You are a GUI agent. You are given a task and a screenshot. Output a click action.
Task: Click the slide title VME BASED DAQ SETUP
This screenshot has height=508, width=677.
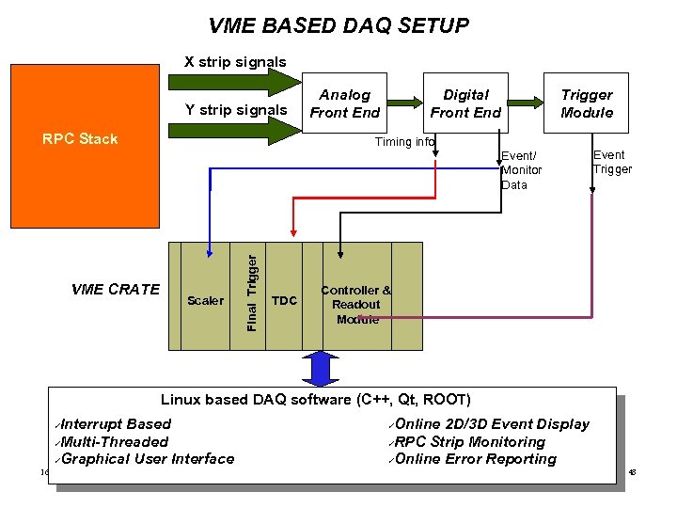pos(338,25)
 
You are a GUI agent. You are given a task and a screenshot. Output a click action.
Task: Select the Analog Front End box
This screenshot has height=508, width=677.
pos(345,103)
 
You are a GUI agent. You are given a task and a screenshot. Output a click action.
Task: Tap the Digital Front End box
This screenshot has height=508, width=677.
pos(465,103)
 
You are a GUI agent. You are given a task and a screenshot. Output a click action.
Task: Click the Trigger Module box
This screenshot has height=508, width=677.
pos(587,103)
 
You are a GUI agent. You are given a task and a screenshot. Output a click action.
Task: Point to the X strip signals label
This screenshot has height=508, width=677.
pos(235,62)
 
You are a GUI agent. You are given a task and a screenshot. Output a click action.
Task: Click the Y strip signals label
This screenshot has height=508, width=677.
pos(236,110)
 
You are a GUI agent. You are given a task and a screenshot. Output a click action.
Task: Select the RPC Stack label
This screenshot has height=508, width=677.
pos(80,139)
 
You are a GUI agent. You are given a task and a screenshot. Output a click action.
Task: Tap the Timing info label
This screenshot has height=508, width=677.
pos(404,142)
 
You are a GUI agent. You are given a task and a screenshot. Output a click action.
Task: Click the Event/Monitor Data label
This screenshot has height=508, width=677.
pos(520,170)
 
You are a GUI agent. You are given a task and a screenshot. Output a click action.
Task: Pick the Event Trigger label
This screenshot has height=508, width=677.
pos(612,162)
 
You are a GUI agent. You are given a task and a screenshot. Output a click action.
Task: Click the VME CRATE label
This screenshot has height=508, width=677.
pos(116,289)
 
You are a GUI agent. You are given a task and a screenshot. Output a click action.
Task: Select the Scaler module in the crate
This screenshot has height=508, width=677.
pos(205,301)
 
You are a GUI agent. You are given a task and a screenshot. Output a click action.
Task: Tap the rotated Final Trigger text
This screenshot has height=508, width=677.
pos(251,287)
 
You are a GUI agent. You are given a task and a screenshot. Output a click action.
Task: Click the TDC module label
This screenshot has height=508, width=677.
pos(284,301)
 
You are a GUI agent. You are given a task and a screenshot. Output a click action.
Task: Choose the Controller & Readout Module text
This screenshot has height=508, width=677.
pos(356,304)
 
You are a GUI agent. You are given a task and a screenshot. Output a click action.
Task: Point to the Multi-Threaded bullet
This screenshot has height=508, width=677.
pos(116,441)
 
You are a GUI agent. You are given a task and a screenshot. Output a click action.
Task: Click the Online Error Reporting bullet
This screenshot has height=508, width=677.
pos(475,459)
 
